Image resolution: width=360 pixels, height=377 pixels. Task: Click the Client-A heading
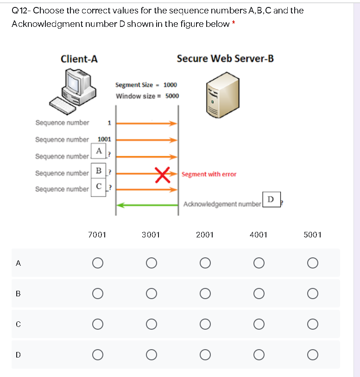(x=79, y=59)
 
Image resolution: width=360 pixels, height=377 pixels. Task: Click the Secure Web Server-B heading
(x=225, y=58)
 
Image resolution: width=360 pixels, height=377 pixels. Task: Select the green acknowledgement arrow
(x=147, y=204)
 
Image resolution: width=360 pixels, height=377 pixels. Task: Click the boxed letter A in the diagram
(x=99, y=151)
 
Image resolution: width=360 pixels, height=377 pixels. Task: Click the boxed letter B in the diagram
(x=98, y=170)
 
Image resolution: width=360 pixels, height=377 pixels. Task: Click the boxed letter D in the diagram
(x=271, y=199)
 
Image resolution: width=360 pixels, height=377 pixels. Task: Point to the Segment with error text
(x=209, y=174)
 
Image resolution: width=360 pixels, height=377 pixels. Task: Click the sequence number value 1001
(x=104, y=139)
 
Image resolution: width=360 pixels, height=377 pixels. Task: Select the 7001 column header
(x=97, y=235)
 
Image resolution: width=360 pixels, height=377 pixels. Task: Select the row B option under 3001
(x=151, y=294)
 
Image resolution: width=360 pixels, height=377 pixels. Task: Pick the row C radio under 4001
(x=259, y=324)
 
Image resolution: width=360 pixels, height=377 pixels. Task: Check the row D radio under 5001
(x=312, y=355)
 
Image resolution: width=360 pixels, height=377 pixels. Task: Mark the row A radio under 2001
(x=205, y=263)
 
